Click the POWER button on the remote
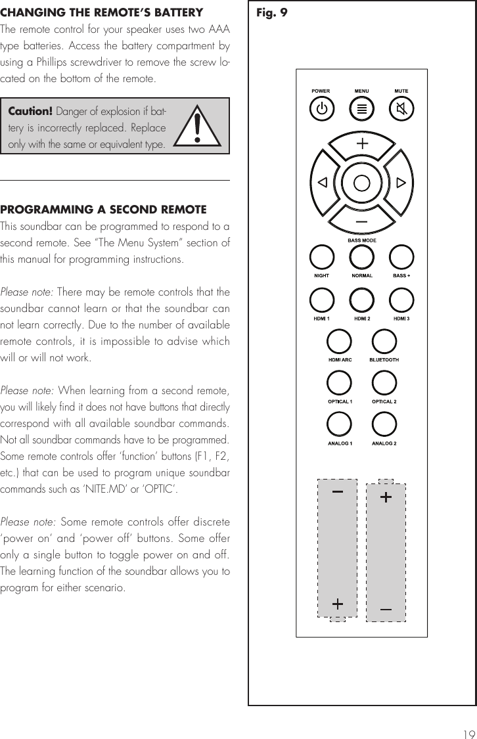tap(321, 108)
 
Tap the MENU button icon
tap(361, 108)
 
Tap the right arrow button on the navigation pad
tap(401, 182)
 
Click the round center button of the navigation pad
tap(361, 182)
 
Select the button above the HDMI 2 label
tap(361, 300)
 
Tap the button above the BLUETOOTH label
tap(384, 342)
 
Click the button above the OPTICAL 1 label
tap(339, 383)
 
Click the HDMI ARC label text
tap(340, 360)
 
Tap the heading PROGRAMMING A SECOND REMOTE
tap(103, 210)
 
